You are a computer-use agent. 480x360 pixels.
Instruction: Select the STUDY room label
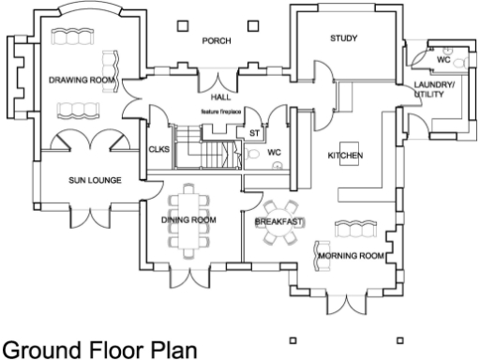[346, 38]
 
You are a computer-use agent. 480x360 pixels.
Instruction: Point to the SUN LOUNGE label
[94, 179]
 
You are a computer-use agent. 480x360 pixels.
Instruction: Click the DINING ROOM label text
[189, 219]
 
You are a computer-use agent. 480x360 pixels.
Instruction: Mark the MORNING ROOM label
[352, 255]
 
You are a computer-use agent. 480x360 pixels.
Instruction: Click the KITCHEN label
[344, 155]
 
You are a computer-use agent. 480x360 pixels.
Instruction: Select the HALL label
[220, 97]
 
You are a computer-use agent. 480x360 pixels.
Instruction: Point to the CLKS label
[158, 148]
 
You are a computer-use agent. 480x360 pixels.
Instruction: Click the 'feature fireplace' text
[221, 112]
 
